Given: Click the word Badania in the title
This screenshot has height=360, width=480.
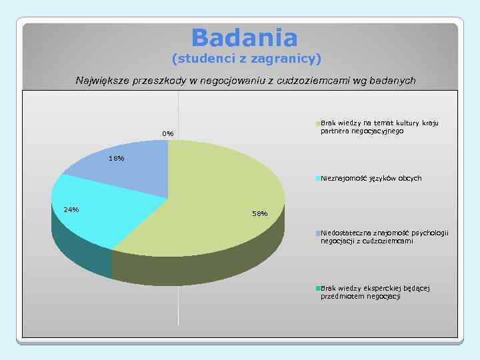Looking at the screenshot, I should click(x=244, y=37).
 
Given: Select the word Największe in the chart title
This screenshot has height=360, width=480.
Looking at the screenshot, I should click(x=103, y=81).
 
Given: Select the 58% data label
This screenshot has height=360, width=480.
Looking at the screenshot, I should click(x=259, y=213).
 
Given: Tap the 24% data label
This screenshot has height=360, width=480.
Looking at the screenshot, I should click(x=71, y=210).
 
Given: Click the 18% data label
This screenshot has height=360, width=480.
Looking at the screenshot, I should click(x=116, y=158).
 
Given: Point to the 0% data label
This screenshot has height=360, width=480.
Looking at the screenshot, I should click(x=167, y=134).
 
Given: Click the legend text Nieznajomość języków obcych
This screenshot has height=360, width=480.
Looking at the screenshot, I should click(x=371, y=179).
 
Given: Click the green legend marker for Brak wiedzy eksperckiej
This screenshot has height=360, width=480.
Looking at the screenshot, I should click(x=318, y=288).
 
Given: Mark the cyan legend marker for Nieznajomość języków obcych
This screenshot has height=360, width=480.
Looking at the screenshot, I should click(x=318, y=179).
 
